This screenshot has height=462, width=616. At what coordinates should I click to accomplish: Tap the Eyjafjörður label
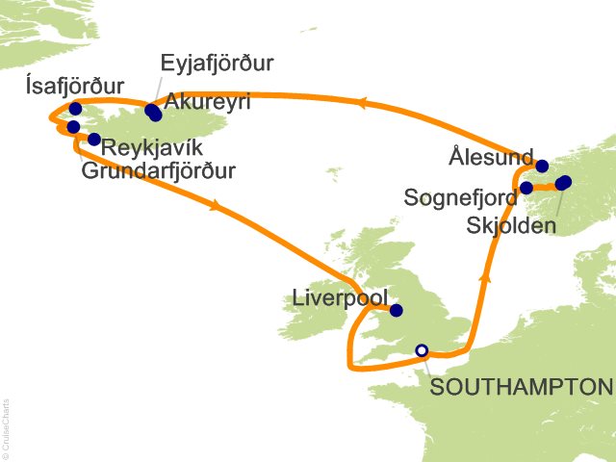point(218,64)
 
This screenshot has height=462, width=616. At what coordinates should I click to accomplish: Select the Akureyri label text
point(208,102)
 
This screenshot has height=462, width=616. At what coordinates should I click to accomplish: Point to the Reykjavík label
point(152,148)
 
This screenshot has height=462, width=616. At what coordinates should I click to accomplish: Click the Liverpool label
point(336,298)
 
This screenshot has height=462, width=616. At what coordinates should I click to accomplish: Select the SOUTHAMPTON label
point(521,387)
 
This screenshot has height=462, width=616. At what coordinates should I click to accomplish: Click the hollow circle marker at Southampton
point(421,350)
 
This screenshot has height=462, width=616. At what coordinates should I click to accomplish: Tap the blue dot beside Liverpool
point(396,310)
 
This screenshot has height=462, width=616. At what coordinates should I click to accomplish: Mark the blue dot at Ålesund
point(542,166)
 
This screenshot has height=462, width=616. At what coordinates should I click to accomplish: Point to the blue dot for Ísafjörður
point(75,109)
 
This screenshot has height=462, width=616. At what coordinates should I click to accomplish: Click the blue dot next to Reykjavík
point(93,140)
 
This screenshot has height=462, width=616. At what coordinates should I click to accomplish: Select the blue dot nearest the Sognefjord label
point(526,188)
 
